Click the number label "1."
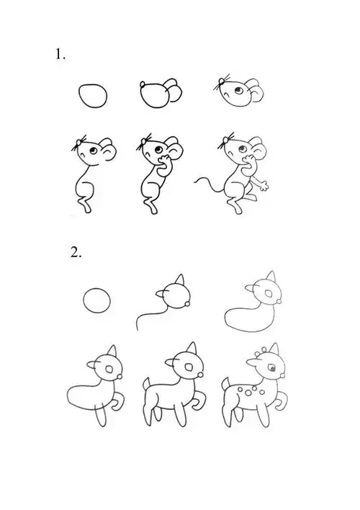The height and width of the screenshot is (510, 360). pyautogui.click(x=60, y=55)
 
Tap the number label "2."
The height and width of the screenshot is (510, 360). pyautogui.click(x=77, y=252)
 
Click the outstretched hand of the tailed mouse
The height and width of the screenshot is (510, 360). pyautogui.click(x=265, y=185)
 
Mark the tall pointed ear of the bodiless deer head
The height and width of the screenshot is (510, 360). pyautogui.click(x=181, y=281)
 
